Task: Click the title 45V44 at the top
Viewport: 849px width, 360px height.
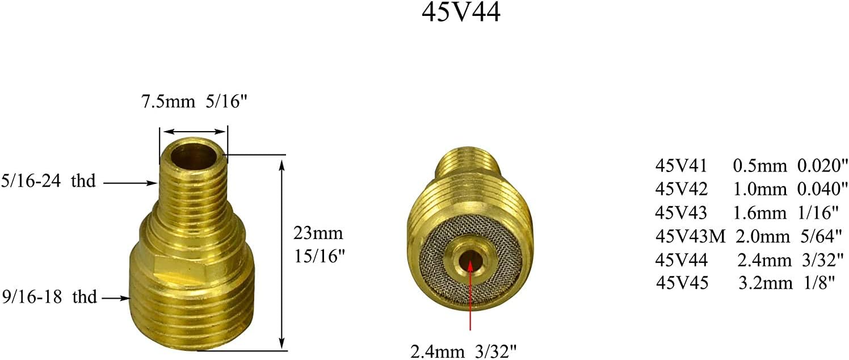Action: [461, 14]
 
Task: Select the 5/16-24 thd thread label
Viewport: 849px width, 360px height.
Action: [48, 182]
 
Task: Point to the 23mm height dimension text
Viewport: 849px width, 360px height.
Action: [318, 233]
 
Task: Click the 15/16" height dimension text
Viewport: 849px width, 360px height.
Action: [319, 256]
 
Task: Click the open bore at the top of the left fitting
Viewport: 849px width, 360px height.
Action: [193, 154]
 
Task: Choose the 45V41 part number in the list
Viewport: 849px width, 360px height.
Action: [681, 166]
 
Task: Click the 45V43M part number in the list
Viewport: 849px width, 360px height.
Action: [691, 236]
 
